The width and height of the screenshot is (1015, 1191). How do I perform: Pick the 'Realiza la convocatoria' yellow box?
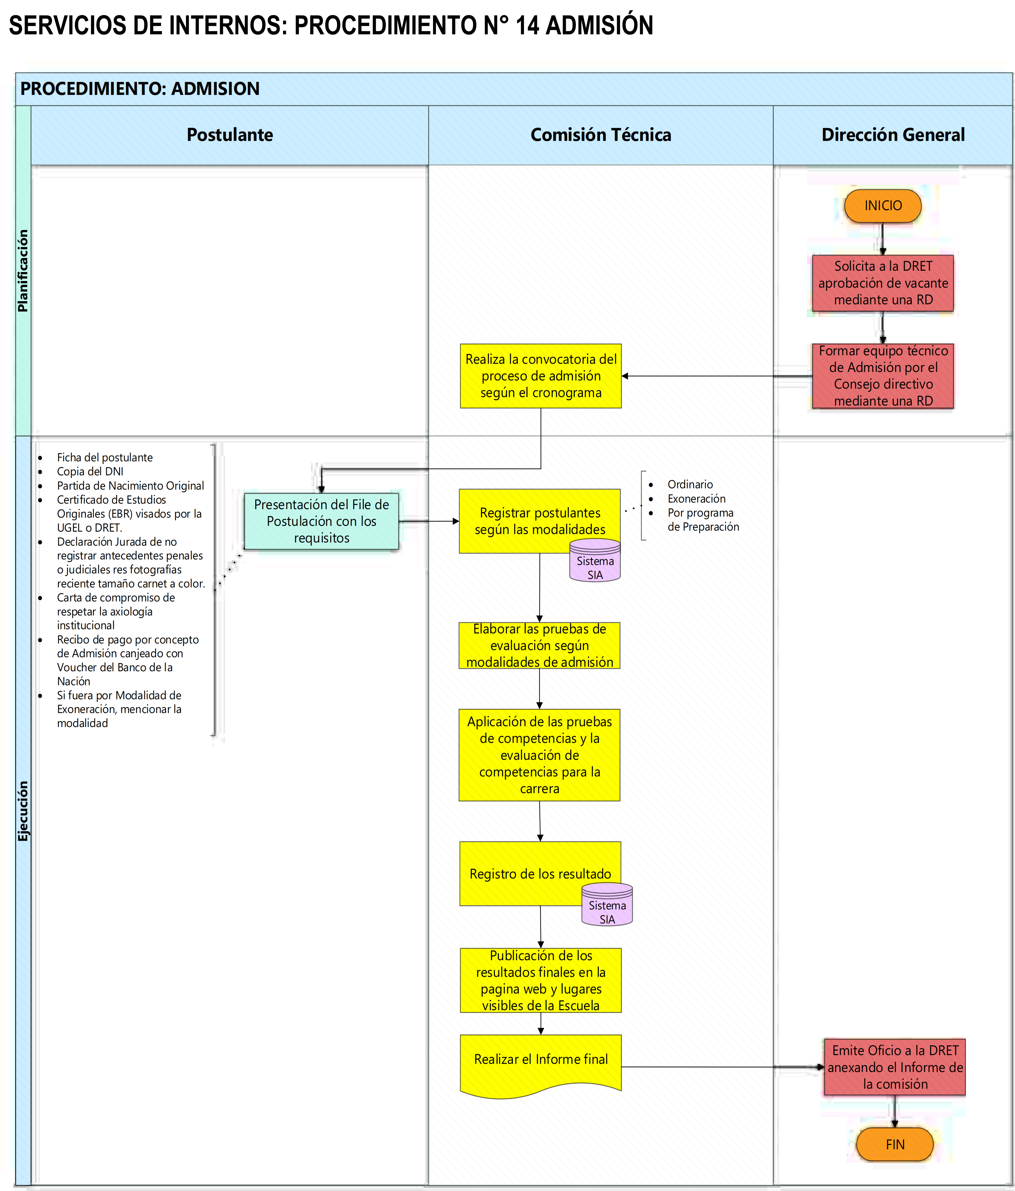coord(541,376)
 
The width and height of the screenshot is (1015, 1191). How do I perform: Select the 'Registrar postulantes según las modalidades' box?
coord(539,521)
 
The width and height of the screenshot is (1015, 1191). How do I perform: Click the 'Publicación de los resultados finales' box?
coord(541,980)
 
